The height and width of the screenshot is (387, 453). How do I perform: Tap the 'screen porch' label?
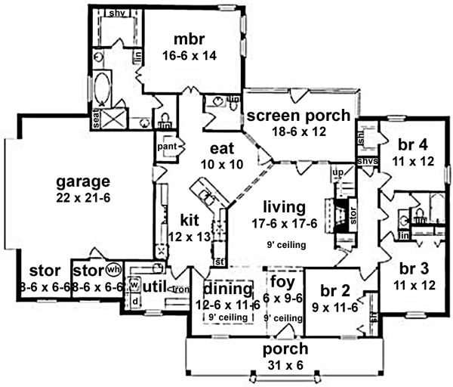point(298,116)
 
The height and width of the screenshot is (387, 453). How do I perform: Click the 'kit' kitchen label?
point(189,220)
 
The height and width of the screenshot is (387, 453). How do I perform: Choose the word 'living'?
point(283,206)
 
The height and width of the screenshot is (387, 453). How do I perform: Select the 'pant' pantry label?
point(166,147)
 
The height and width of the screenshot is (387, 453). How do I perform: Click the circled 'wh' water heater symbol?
point(113,269)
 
